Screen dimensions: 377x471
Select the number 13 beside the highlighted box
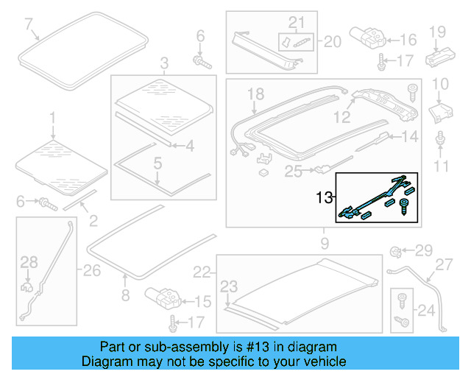[x=325, y=197]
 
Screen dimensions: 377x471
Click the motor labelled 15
[x=164, y=297]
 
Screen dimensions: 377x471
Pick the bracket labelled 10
[x=439, y=113]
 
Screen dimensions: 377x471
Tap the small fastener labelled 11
[x=440, y=139]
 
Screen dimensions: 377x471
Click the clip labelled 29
[x=395, y=252]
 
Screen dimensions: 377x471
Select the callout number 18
[x=255, y=94]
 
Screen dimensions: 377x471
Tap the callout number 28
[x=28, y=261]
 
